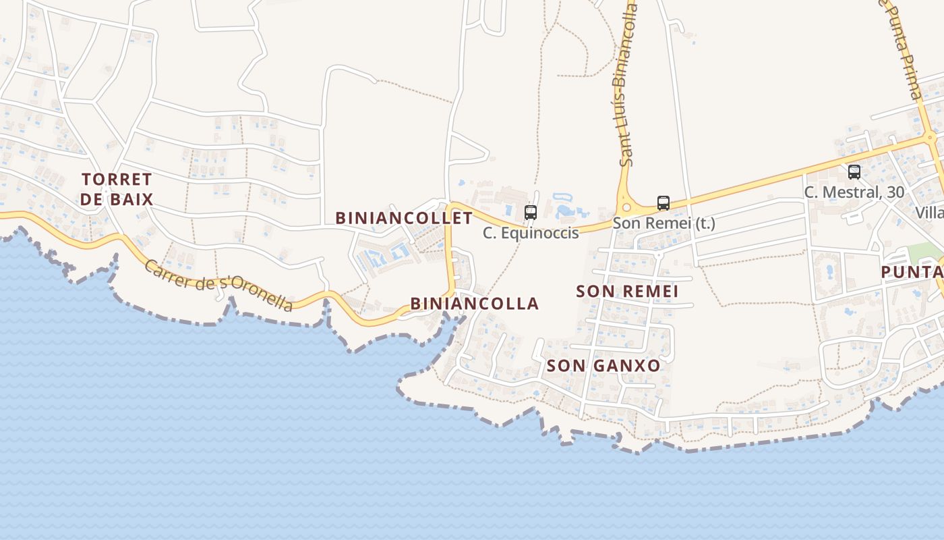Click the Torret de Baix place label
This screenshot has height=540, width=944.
pos(117,189)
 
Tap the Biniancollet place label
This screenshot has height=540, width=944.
pos(404,218)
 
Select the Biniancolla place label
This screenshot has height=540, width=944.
pos(475,304)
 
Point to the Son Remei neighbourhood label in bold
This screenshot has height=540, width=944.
pos(627,292)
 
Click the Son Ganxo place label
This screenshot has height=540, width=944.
pos(603,366)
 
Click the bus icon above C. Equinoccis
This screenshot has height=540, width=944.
pos(531,213)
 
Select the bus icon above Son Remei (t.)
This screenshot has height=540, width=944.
pos(663,202)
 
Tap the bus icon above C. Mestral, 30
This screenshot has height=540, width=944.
pos(854,172)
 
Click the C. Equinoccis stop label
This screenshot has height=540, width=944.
pos(531,233)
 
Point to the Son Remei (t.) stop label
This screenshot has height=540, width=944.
pos(663,223)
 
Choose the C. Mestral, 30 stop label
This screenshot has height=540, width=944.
pos(854,192)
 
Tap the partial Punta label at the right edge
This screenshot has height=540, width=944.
pos(912,272)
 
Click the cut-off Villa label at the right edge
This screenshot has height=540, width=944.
pos(929,213)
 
